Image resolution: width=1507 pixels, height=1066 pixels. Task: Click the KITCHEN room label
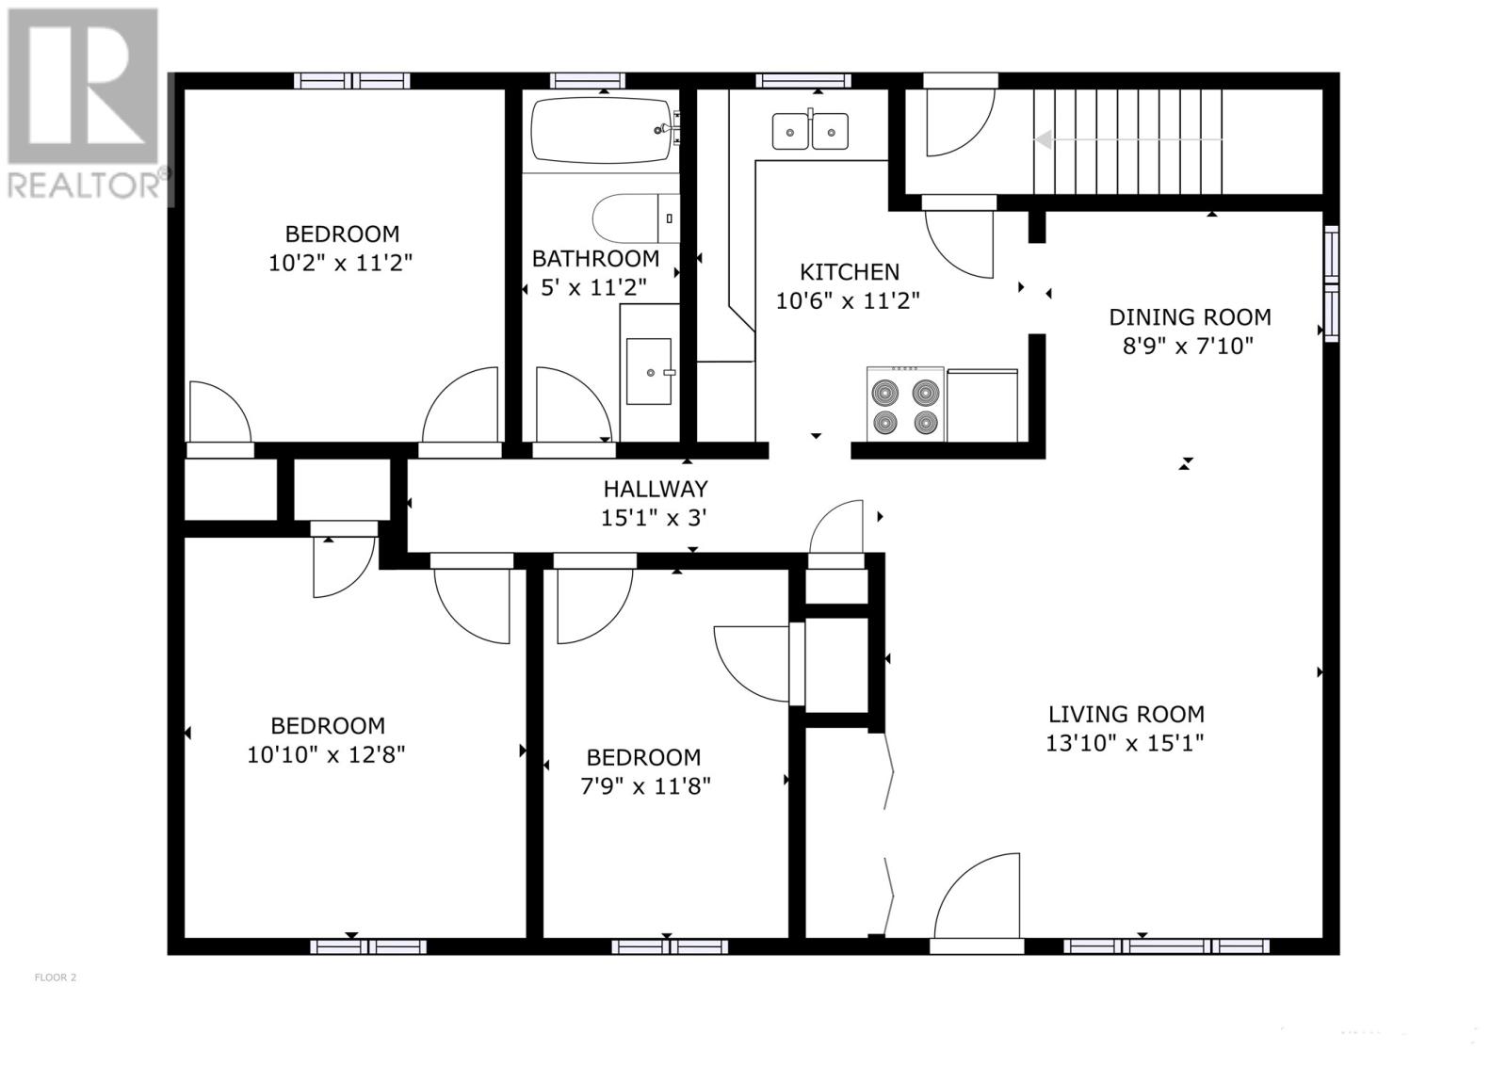849,272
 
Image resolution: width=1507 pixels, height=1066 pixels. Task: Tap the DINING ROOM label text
1190,317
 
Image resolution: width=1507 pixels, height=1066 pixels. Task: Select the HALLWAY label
656,489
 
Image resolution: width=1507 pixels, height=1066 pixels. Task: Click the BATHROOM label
595,259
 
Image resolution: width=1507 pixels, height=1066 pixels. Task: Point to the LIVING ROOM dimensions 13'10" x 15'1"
1125,743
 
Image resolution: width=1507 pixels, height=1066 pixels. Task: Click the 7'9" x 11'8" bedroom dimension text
645,785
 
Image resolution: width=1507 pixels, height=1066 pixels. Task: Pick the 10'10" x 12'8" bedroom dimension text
326,754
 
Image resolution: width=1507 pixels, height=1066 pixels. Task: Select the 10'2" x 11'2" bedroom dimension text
340,263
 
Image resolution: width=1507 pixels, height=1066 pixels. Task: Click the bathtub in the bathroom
602,131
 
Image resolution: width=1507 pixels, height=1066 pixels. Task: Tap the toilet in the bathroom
636,218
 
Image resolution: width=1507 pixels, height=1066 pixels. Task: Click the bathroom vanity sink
649,371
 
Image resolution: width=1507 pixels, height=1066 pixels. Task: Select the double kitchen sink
809,131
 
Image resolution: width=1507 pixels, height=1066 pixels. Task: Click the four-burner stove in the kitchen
905,405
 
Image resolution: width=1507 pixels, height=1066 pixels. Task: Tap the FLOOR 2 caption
56,977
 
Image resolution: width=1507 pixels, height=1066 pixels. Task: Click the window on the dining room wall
1332,283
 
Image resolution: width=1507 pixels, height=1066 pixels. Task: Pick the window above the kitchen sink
803,81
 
